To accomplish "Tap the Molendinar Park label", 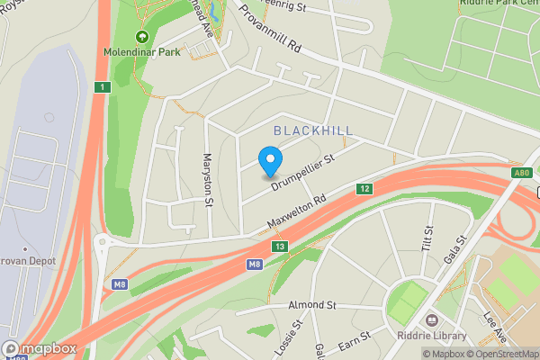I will click(x=141, y=51).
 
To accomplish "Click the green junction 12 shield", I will click(x=364, y=189).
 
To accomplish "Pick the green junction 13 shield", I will click(x=281, y=246).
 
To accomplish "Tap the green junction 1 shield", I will click(x=104, y=86).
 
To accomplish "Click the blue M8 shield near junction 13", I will click(x=255, y=264).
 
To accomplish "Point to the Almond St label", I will click(x=311, y=306).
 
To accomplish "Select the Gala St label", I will click(x=458, y=249).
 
